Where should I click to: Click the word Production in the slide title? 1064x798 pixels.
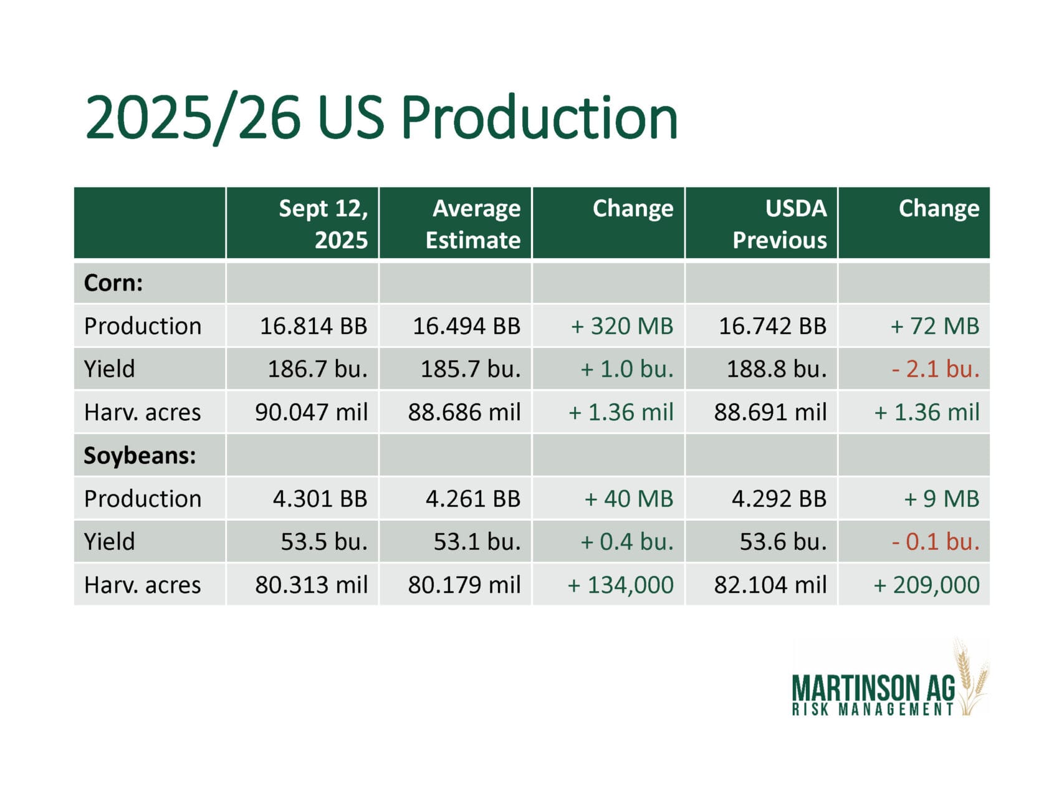(539, 117)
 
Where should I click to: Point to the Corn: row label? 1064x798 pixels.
(113, 283)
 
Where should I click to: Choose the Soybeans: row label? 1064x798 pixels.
(140, 456)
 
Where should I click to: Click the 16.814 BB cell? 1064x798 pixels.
(314, 326)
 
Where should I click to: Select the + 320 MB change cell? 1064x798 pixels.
(622, 326)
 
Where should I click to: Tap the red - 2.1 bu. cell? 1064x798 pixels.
(936, 369)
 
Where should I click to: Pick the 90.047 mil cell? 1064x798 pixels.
(311, 412)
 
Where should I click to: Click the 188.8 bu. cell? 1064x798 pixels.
(777, 369)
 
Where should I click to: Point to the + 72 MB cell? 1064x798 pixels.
(935, 326)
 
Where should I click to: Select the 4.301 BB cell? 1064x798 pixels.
(320, 499)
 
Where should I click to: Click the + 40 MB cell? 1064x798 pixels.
(629, 499)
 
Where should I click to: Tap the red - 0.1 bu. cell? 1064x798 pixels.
(936, 542)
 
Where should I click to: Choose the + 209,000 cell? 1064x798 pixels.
(927, 585)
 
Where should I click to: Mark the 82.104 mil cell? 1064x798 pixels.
(770, 585)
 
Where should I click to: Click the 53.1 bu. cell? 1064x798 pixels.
(477, 542)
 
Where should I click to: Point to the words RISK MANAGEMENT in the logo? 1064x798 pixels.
(873, 709)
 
